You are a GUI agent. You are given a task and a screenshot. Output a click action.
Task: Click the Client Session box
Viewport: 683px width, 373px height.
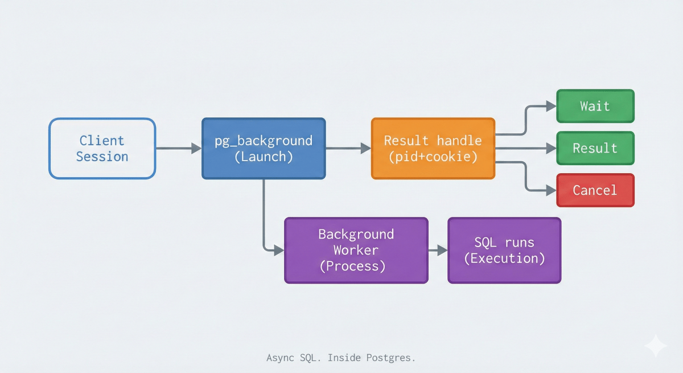coord(102,149)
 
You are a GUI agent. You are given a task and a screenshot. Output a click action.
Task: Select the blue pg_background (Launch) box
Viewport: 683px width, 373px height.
coord(264,149)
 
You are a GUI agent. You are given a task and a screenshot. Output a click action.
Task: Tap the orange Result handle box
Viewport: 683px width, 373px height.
coord(433,149)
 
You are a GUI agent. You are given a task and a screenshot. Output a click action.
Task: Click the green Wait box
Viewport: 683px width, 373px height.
coord(595,106)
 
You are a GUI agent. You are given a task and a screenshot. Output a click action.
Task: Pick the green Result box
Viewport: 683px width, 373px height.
coord(595,148)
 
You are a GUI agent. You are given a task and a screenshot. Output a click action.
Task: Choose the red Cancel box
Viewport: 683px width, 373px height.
coord(595,190)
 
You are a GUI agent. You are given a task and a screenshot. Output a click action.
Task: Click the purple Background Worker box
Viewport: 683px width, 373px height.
coord(356,251)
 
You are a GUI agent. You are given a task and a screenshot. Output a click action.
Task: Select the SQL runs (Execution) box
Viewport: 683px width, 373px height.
coord(504,251)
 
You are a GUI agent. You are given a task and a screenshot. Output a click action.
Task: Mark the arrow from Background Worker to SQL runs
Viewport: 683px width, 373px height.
coord(438,251)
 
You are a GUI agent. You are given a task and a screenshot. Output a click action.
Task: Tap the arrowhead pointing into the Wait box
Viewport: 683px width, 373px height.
coord(550,106)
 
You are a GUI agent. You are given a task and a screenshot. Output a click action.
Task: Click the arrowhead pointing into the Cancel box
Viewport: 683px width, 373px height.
coord(550,191)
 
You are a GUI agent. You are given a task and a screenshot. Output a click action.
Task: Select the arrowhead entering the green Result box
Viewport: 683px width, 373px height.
coord(550,149)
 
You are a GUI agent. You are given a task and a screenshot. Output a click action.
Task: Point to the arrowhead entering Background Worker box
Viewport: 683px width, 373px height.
coord(278,251)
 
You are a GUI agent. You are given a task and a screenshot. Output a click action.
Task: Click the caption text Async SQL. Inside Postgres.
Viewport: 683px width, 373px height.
coord(341,358)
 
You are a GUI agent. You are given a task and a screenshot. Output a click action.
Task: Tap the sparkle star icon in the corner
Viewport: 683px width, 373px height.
coord(655,346)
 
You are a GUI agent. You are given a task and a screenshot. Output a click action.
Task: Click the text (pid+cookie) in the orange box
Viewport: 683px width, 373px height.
coord(433,157)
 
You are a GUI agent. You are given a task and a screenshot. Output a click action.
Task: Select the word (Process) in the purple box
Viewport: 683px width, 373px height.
coord(352,266)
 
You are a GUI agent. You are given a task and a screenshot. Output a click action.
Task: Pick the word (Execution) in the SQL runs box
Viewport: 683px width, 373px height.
coord(504,259)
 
